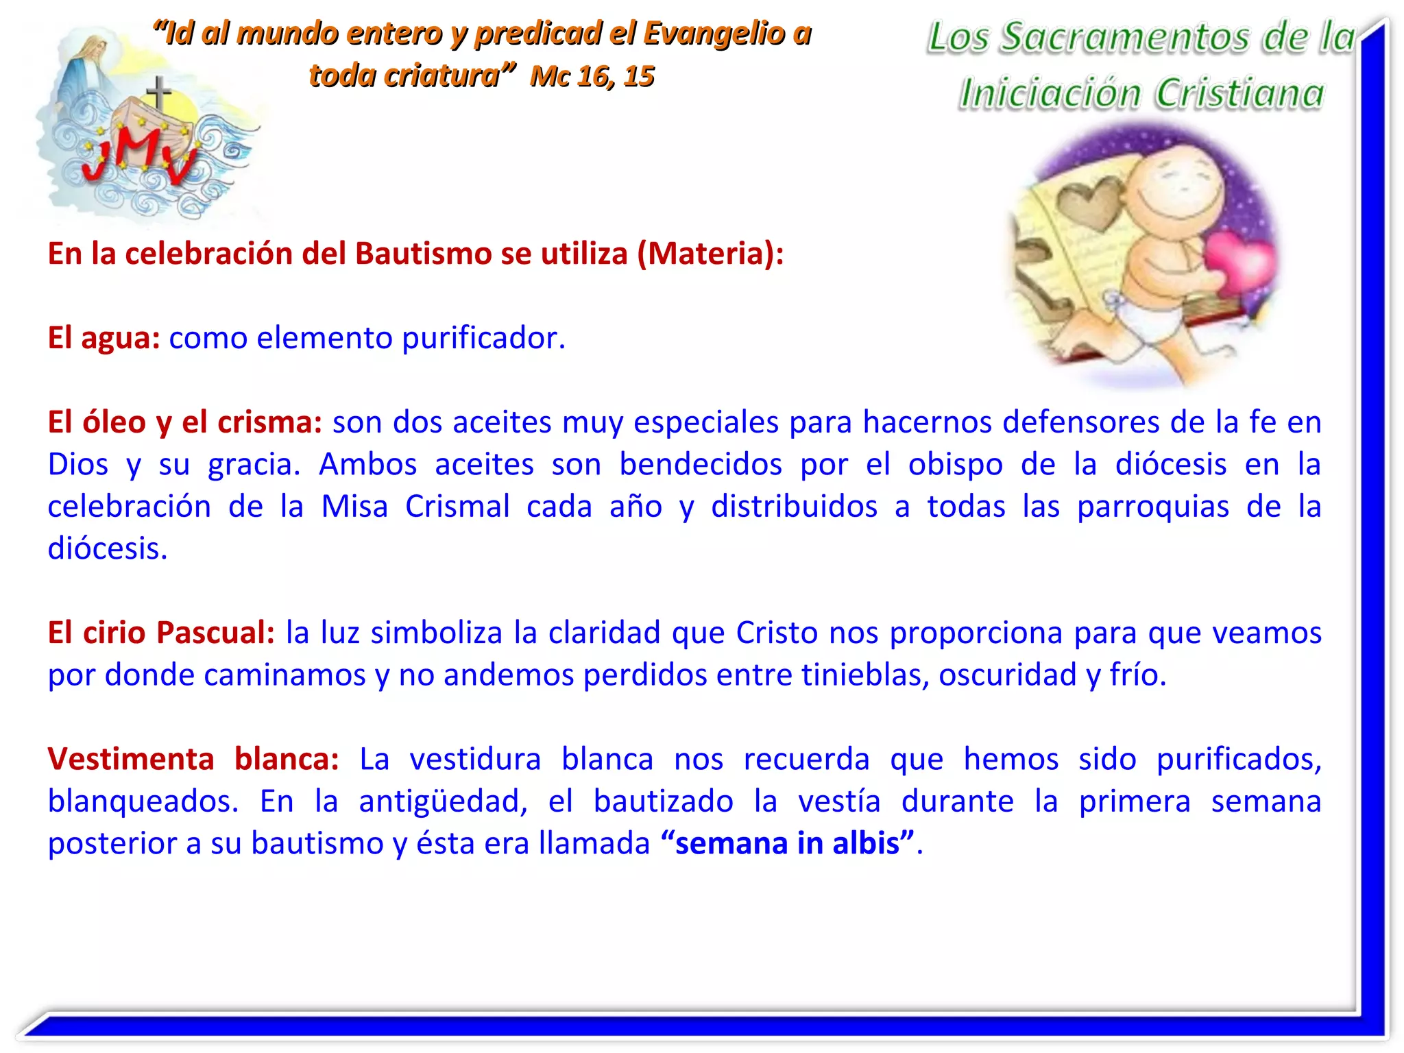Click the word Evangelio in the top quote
coord(714,34)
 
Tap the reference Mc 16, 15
coord(592,76)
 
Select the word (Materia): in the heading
coord(710,254)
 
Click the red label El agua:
coord(104,338)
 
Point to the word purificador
coord(483,338)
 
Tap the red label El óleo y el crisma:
coord(184,422)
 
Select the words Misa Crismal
coord(415,507)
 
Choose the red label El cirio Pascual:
coord(161,633)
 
